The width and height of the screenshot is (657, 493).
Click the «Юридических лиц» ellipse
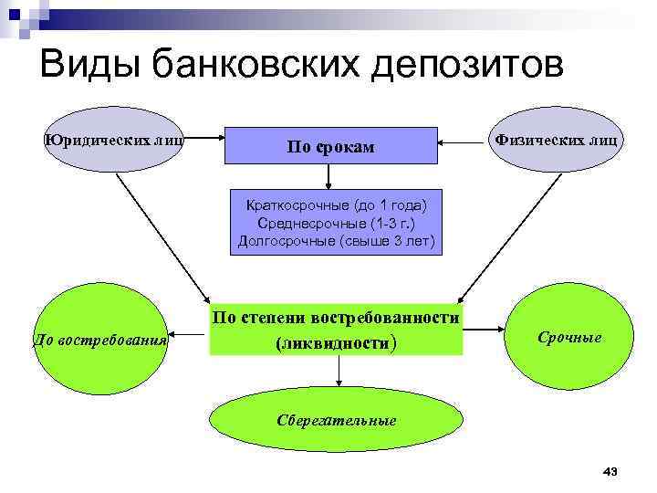click(114, 141)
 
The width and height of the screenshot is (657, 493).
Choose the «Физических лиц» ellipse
click(556, 141)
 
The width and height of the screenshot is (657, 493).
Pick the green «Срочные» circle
click(568, 338)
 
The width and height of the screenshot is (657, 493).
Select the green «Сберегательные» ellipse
click(337, 420)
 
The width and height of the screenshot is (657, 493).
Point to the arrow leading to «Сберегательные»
click(339, 370)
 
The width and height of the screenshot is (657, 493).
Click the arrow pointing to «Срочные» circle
click(485, 329)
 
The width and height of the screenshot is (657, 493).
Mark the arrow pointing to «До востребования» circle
click(188, 330)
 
